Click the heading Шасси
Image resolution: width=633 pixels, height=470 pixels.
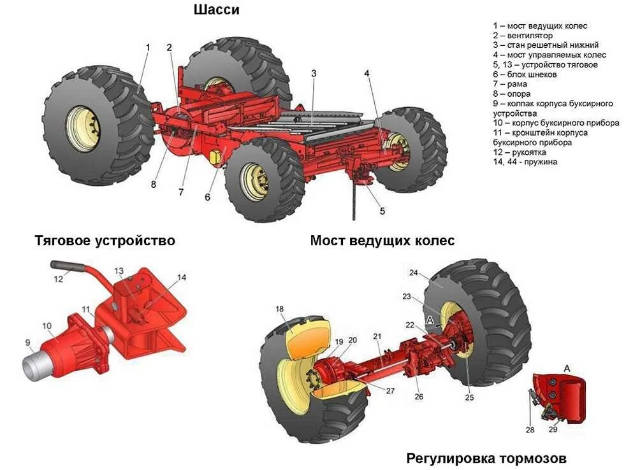point(216,10)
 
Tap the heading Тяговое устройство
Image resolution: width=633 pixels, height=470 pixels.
point(105,241)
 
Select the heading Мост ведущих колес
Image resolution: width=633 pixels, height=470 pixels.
point(382,241)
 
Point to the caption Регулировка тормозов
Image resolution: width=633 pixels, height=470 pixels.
point(486,459)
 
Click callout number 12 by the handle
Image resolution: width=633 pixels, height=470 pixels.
point(59,278)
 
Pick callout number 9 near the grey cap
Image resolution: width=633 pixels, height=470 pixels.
point(27,343)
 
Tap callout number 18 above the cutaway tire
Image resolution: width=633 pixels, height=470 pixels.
point(279,310)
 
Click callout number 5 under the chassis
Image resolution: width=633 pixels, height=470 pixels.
point(382,211)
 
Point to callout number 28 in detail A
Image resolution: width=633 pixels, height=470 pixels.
point(530,430)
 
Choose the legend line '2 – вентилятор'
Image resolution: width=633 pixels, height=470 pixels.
point(522,36)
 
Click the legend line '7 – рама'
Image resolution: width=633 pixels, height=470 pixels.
point(511,84)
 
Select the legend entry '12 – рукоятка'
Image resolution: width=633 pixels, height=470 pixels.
point(519,152)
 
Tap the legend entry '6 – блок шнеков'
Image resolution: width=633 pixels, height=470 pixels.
point(525,75)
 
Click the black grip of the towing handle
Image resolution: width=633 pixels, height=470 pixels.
point(64,265)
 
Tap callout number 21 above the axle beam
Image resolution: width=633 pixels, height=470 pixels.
point(377,336)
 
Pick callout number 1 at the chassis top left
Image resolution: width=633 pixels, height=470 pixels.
point(148,47)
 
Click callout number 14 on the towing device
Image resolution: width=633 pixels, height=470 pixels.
point(182,277)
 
